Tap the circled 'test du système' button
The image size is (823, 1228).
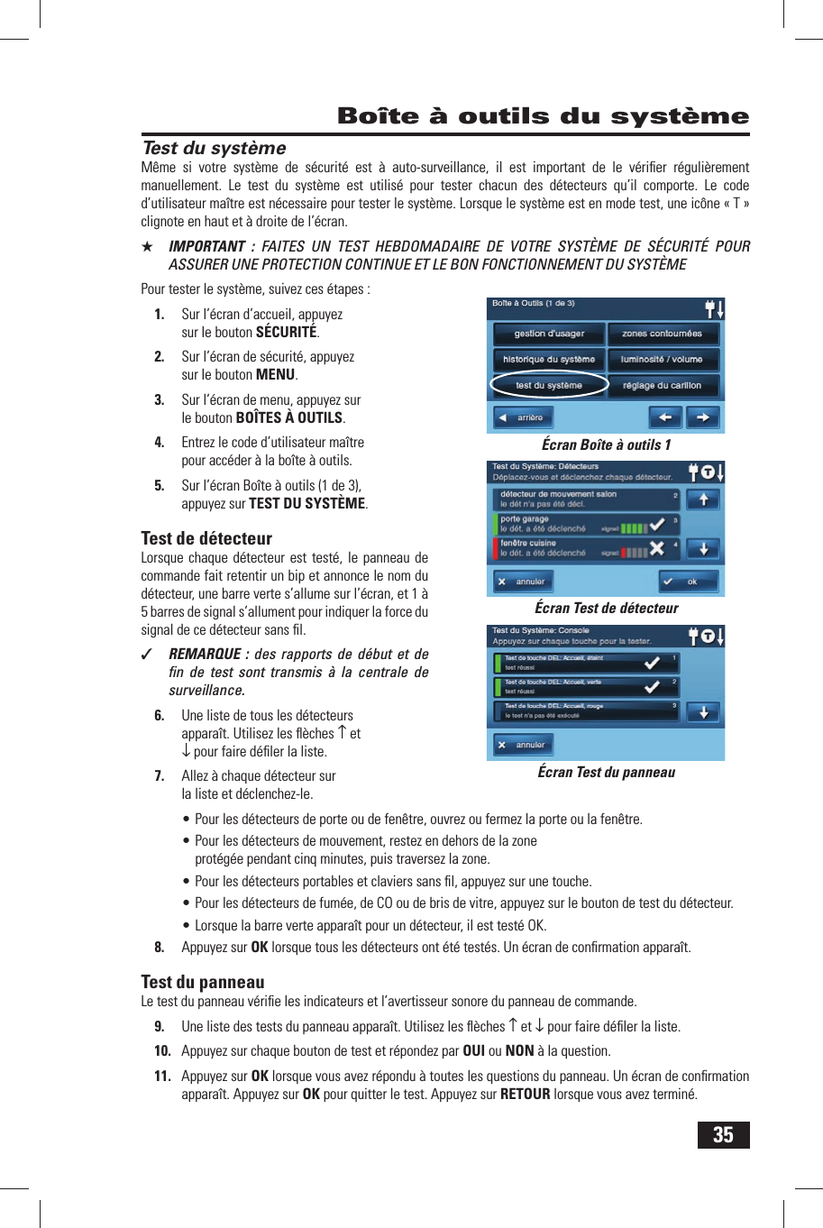pyautogui.click(x=548, y=385)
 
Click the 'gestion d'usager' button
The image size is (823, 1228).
pyautogui.click(x=548, y=334)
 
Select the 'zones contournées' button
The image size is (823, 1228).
pyautogui.click(x=662, y=334)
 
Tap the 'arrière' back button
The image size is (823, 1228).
pyautogui.click(x=524, y=417)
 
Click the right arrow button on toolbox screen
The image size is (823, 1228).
pyautogui.click(x=703, y=417)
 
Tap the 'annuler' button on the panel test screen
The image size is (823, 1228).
pyautogui.click(x=524, y=745)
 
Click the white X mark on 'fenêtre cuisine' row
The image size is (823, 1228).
pyautogui.click(x=657, y=548)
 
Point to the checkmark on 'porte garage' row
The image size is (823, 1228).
pyautogui.click(x=657, y=524)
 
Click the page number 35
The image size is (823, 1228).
pyautogui.click(x=723, y=1134)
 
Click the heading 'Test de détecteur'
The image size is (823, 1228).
pyautogui.click(x=206, y=538)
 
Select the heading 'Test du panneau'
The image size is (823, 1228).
pyautogui.click(x=203, y=982)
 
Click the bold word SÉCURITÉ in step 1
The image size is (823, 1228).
pyautogui.click(x=286, y=333)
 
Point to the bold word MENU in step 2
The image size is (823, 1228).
pyautogui.click(x=275, y=375)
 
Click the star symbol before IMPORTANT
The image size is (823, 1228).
pyautogui.click(x=148, y=247)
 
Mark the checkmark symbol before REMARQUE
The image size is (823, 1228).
pyautogui.click(x=148, y=655)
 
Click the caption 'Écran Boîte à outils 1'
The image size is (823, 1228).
pyautogui.click(x=606, y=444)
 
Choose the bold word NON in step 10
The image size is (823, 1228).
pyautogui.click(x=519, y=1051)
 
